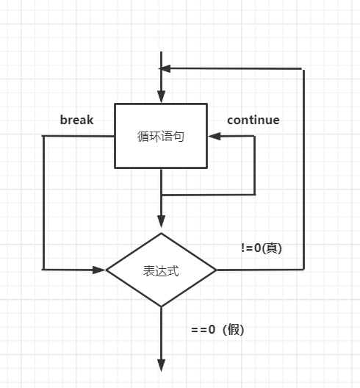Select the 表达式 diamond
(x=161, y=270)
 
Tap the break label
(x=76, y=120)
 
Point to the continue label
(x=253, y=120)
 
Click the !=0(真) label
(x=261, y=248)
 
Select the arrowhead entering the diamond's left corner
(x=99, y=270)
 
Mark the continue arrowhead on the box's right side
(x=214, y=136)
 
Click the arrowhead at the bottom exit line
(x=161, y=366)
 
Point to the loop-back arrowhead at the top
(x=166, y=68)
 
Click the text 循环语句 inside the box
(x=161, y=136)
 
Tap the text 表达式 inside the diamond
(x=161, y=270)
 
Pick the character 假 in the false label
(x=235, y=330)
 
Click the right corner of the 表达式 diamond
(x=216, y=270)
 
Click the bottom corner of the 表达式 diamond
(x=161, y=306)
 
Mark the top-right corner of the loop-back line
(x=303, y=68)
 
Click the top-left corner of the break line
(x=43, y=136)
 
